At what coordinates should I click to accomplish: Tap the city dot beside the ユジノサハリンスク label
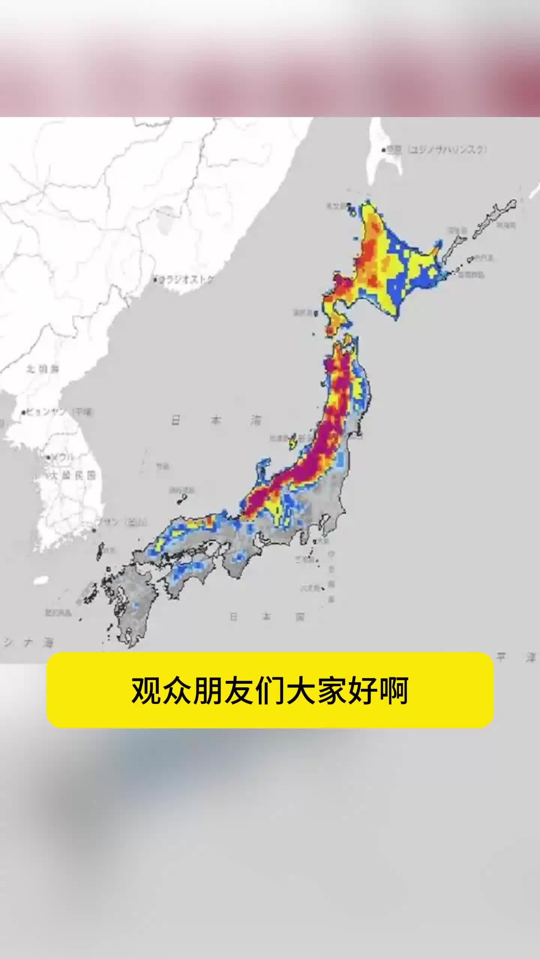point(384,150)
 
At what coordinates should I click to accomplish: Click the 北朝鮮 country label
point(43,369)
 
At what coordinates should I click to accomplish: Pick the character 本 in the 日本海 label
point(216,421)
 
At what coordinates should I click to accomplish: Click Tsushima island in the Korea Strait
point(100,551)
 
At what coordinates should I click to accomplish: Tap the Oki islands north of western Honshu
point(182,498)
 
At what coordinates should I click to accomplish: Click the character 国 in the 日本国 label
point(300,617)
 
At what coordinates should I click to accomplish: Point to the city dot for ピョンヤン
point(24,413)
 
